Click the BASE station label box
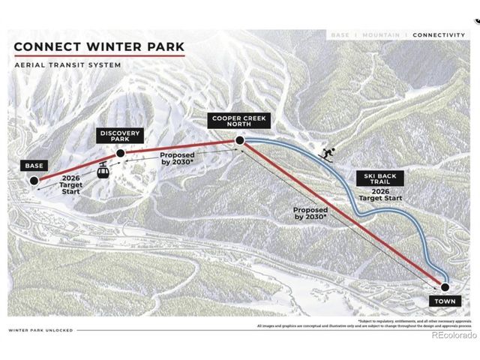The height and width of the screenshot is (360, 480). point(34,165)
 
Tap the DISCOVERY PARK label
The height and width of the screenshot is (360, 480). point(119,136)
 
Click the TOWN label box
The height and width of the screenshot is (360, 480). point(444,301)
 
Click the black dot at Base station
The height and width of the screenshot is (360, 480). point(34,180)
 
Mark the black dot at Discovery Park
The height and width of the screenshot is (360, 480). point(120,153)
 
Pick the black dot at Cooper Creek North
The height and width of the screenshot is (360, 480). point(239,140)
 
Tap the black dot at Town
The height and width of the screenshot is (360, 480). point(444,286)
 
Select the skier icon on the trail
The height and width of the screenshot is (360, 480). point(327,153)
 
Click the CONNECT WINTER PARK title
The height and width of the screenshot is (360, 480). point(99,48)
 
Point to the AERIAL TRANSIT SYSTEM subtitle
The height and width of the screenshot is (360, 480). point(67,65)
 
